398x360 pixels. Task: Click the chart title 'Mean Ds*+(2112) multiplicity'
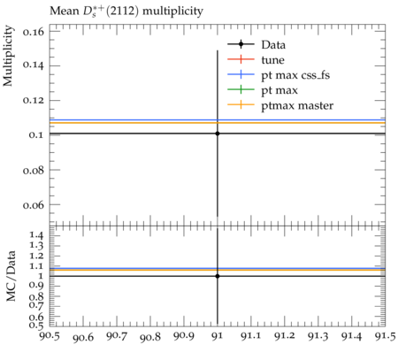coord(126,11)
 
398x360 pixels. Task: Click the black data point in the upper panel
coord(218,134)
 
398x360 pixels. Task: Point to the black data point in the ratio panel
coord(218,276)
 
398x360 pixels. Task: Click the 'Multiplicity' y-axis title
coord(8,56)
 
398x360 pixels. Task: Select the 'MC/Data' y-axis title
coord(11,276)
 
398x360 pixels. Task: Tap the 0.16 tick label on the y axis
coord(34,31)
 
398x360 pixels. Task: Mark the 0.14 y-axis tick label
coord(34,65)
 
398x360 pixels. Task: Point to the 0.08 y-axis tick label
coord(34,170)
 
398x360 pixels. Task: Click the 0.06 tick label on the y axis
coord(34,204)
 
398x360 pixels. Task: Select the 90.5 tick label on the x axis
coord(50,336)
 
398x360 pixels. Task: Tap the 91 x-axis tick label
coord(218,336)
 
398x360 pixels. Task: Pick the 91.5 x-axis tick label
coord(385,336)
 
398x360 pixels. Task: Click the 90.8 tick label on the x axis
coord(150,337)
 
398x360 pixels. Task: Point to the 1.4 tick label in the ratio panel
coord(37,235)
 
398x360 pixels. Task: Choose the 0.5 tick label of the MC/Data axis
coord(37,325)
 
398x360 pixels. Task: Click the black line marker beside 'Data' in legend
coord(241,44)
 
